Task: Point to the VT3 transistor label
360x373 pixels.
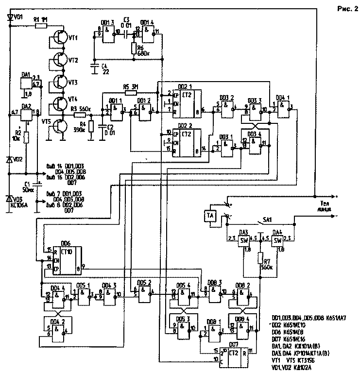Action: (73, 82)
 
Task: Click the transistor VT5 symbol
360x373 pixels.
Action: (62, 126)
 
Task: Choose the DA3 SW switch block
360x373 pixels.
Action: (245, 241)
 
